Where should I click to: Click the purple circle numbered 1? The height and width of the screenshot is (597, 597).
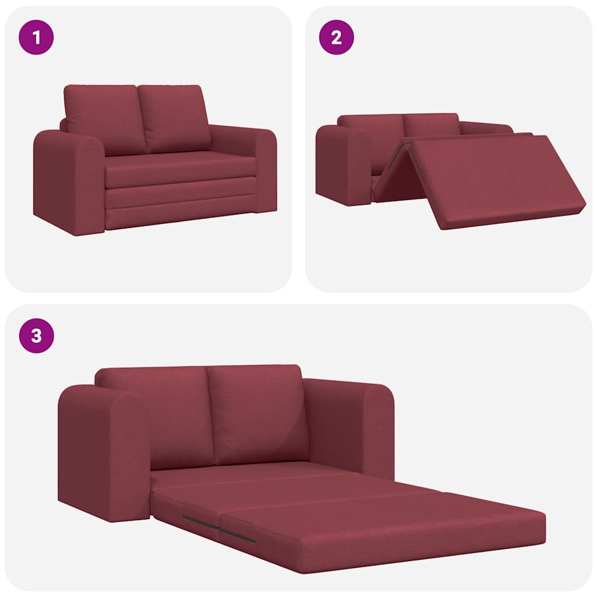pyautogui.click(x=37, y=38)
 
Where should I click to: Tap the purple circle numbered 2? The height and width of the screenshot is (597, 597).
pyautogui.click(x=336, y=38)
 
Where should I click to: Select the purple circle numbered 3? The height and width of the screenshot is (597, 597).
pyautogui.click(x=37, y=336)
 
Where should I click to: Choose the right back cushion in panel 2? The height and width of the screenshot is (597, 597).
pyautogui.click(x=431, y=125)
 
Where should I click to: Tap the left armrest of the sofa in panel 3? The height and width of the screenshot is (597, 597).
pyautogui.click(x=102, y=452)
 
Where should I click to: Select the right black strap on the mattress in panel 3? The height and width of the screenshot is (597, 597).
pyautogui.click(x=238, y=535)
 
